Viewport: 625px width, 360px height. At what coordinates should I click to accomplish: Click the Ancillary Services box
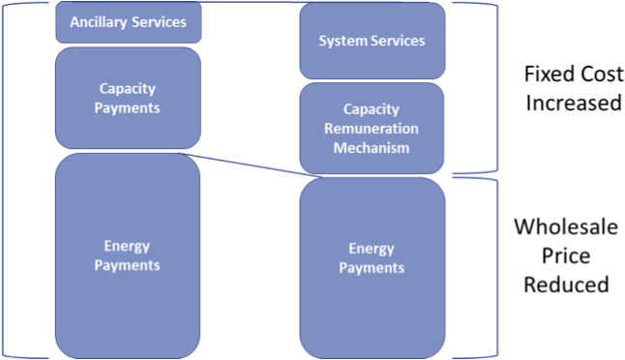(128, 22)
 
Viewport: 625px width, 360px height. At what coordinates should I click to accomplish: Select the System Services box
(372, 41)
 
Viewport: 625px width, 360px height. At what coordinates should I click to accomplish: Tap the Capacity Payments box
(128, 97)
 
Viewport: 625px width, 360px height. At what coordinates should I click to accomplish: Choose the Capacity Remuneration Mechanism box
(372, 128)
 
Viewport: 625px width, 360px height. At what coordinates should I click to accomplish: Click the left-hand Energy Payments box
(128, 255)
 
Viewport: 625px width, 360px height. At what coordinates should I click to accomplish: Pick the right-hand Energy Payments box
(372, 267)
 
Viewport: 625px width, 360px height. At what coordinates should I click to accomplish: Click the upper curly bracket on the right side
(495, 87)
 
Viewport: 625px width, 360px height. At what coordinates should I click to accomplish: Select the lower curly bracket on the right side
(495, 267)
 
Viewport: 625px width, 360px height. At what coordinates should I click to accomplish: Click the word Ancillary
(100, 22)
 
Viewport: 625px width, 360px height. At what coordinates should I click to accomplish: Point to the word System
(341, 41)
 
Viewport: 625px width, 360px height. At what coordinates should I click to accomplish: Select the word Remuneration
(372, 129)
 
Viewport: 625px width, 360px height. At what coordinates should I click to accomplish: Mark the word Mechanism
(372, 148)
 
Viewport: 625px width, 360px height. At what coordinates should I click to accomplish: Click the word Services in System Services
(398, 41)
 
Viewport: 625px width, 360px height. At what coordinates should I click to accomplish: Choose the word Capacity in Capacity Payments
(127, 89)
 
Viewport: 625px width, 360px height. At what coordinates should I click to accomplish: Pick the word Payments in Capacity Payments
(127, 106)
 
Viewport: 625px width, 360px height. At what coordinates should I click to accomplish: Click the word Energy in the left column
(127, 247)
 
